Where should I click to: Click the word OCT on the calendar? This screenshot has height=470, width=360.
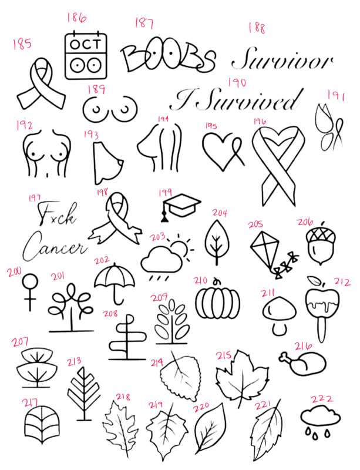click(85, 45)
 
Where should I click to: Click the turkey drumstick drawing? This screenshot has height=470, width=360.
click(302, 362)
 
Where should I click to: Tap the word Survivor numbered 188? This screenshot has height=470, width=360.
click(282, 59)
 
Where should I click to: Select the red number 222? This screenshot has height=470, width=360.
click(322, 399)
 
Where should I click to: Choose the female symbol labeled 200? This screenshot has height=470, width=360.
click(30, 291)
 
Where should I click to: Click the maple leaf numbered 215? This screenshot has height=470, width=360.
click(242, 378)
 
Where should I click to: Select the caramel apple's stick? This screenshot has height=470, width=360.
click(321, 329)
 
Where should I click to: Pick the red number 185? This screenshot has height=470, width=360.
click(22, 44)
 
